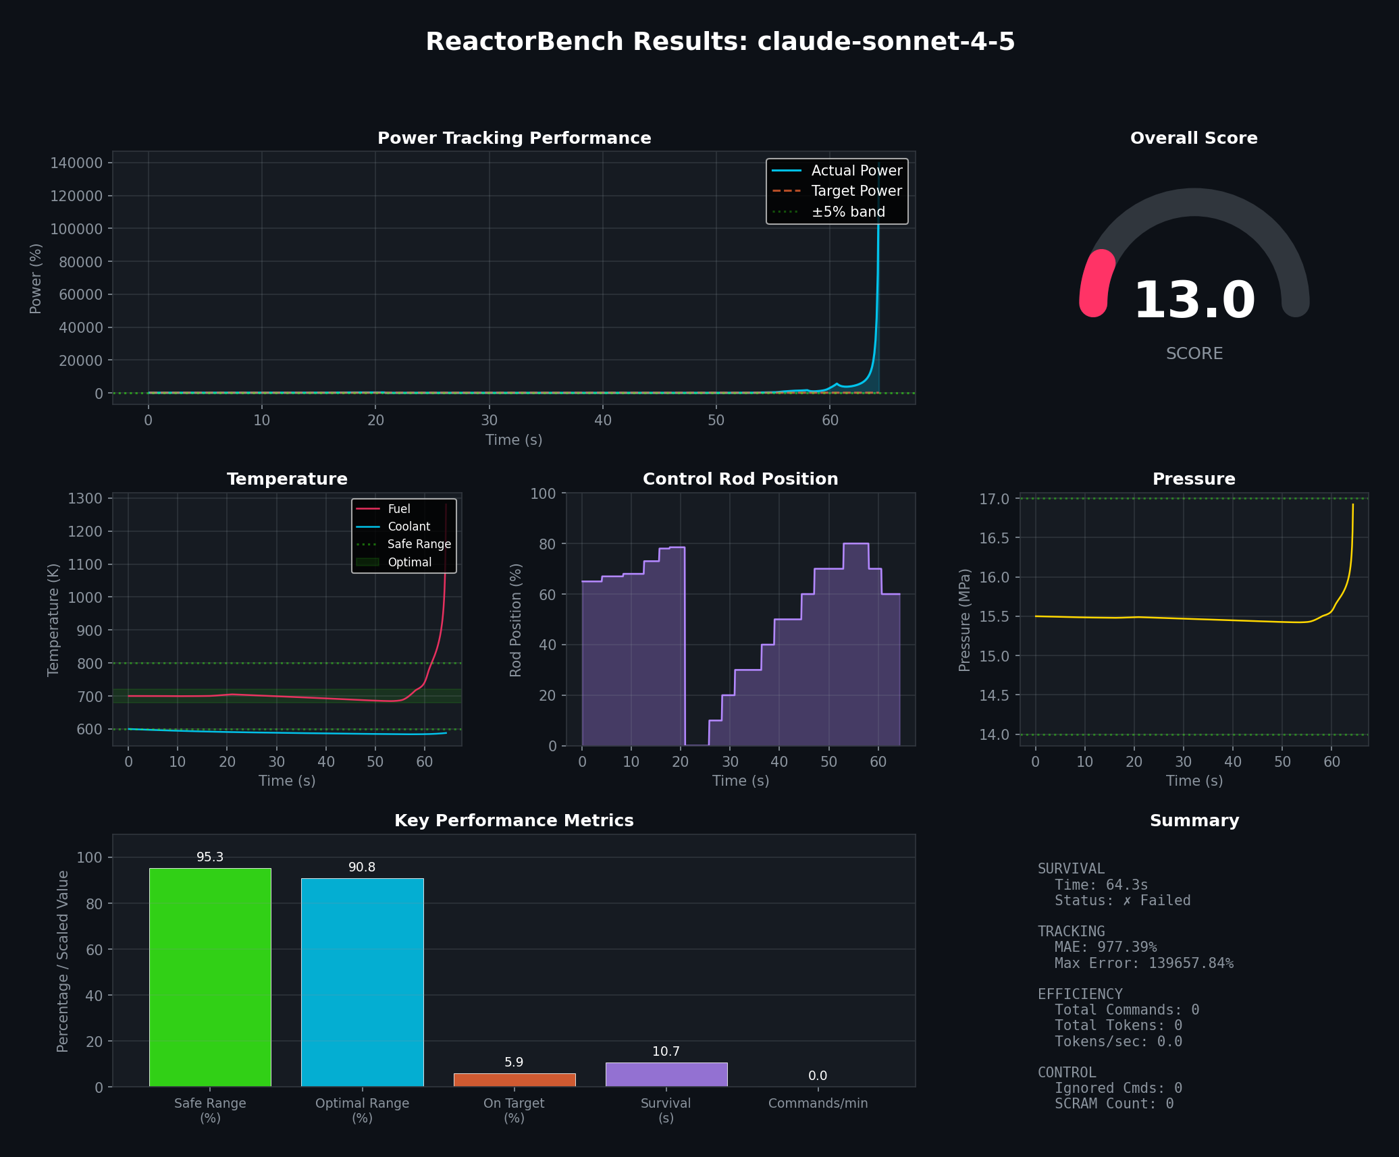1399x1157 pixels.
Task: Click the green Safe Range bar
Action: click(210, 977)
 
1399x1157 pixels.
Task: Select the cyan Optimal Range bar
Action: click(362, 982)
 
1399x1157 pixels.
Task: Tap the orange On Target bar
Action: click(514, 1079)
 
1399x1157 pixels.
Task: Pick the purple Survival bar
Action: click(666, 1074)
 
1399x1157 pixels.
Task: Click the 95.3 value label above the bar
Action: click(210, 857)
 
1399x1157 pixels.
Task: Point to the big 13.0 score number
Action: click(1194, 300)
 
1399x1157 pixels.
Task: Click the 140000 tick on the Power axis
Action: click(76, 163)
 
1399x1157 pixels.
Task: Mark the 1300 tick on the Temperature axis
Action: click(85, 499)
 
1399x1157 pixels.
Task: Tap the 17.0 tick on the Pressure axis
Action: click(994, 500)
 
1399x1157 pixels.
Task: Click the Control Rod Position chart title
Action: click(740, 479)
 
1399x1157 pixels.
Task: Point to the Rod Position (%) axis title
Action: click(516, 620)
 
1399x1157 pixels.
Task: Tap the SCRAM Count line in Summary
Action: click(1114, 1104)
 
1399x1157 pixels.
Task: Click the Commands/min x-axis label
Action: click(818, 1103)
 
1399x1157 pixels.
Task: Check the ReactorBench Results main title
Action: click(720, 42)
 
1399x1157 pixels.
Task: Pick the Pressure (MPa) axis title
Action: click(965, 620)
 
